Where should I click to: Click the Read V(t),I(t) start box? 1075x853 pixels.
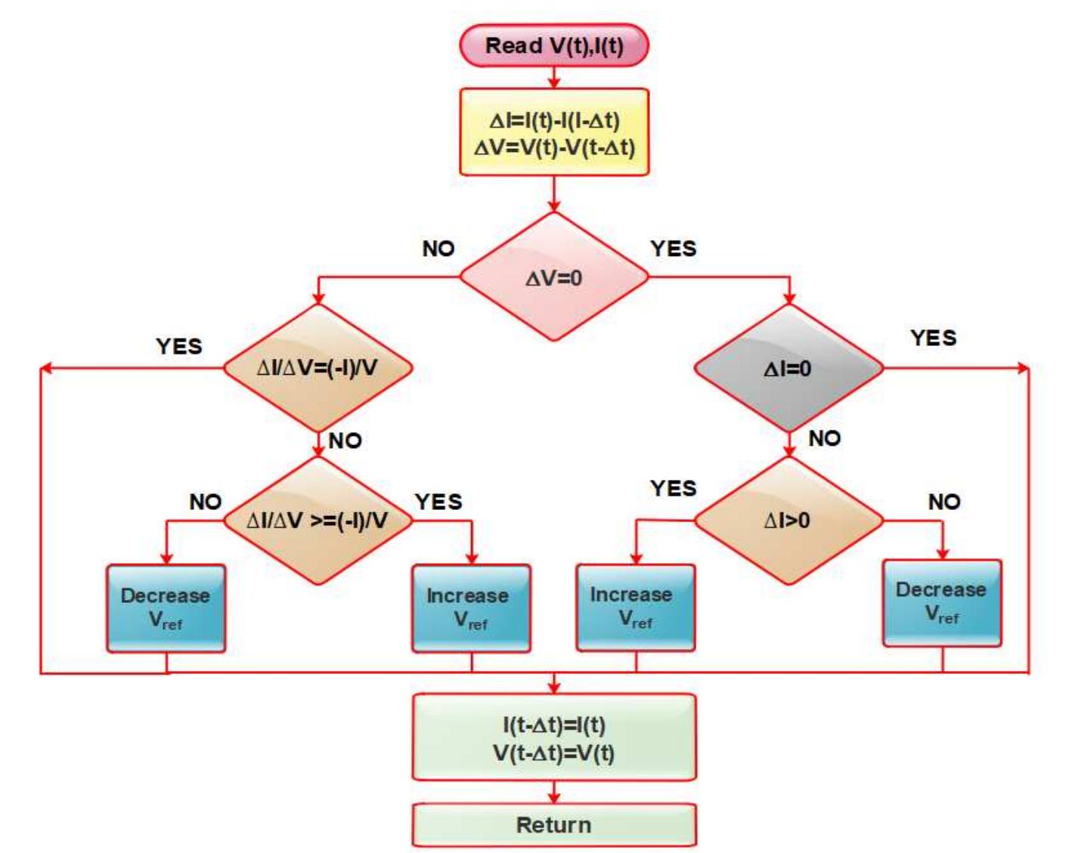pos(553,45)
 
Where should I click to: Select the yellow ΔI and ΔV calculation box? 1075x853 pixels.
pos(553,133)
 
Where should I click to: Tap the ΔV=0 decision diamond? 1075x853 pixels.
pos(553,277)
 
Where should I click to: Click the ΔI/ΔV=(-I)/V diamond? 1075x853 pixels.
pos(318,369)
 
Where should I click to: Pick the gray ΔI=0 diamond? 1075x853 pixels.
pos(788,369)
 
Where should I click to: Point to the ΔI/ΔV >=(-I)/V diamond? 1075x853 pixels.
pos(318,521)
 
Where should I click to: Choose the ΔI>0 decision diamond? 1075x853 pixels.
pos(788,521)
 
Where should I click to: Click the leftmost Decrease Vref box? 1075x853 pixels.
pos(166,608)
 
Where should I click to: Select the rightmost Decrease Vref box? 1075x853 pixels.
pos(941,603)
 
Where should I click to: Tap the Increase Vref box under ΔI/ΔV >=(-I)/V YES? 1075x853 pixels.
pos(470,608)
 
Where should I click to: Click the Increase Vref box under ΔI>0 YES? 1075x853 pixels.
pos(635,607)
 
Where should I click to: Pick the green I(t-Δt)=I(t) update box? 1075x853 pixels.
pos(553,738)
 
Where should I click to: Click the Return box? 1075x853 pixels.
pos(553,825)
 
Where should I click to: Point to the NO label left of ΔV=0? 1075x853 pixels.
pos(438,249)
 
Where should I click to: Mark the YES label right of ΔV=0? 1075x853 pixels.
pos(673,249)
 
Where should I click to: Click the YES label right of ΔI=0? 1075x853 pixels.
pos(933,338)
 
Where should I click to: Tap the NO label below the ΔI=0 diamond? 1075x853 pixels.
pos(824,438)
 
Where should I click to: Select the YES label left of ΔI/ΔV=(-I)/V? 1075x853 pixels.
pos(179,346)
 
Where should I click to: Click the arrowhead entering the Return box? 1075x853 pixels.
pos(553,797)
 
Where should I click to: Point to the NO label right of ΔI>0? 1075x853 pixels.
pos(943,502)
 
